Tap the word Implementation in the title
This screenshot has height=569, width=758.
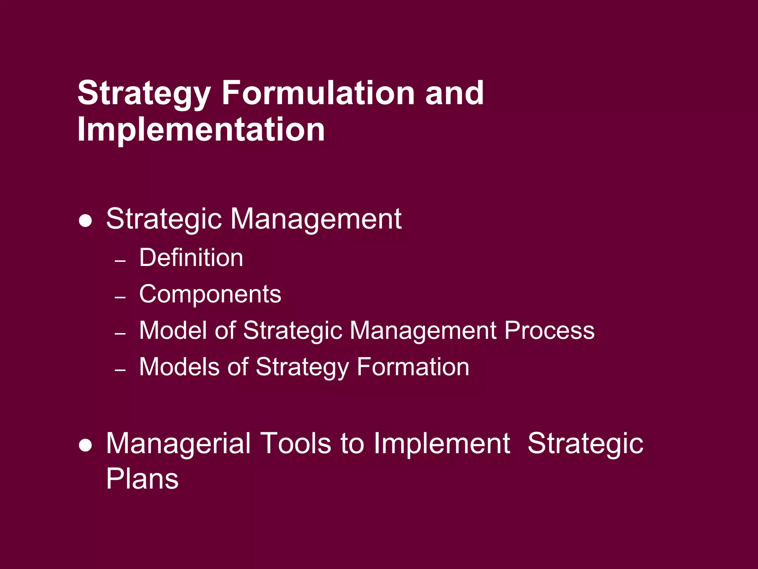[x=201, y=129]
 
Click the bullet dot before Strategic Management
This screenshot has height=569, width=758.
[x=85, y=221]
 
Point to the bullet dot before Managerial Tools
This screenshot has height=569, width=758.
[x=85, y=446]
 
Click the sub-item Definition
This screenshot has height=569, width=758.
[x=191, y=257]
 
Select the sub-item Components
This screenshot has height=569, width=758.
[x=210, y=294]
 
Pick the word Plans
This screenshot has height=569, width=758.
[x=142, y=479]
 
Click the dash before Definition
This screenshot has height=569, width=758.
[x=120, y=261]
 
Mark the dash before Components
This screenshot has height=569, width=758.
[x=120, y=297]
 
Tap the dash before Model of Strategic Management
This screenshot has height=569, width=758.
[x=120, y=334]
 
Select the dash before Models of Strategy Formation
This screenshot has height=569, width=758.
[x=120, y=370]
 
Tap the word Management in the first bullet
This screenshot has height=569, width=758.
[x=316, y=219]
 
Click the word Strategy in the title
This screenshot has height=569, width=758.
[x=144, y=93]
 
